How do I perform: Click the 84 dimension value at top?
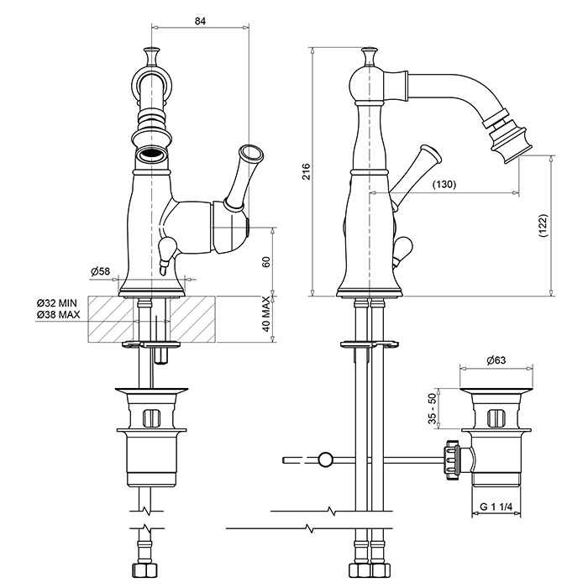point(200,21)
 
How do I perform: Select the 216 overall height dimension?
point(307,171)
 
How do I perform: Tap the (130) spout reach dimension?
point(444,185)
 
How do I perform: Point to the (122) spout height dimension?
point(543,225)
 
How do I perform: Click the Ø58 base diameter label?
point(101,270)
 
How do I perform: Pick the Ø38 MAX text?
point(59,314)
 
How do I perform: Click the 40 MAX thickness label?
point(266,314)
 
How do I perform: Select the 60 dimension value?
point(266,262)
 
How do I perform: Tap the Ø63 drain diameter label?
point(496,360)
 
